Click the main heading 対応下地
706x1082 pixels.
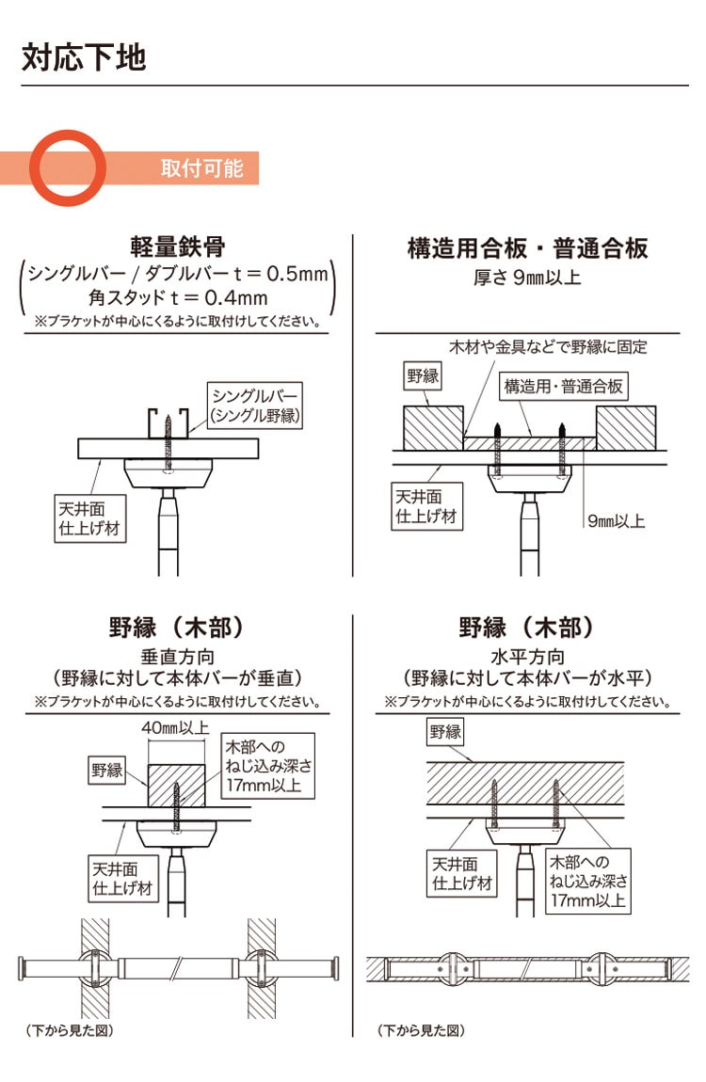84,57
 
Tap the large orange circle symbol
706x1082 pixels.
69,167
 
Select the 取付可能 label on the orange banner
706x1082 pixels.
201,168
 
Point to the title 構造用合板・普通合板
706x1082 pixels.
527,248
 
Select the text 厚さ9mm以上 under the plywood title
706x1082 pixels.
527,278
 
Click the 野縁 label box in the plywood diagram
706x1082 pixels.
423,376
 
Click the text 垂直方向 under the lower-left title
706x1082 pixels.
178,657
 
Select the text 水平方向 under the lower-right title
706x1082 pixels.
527,657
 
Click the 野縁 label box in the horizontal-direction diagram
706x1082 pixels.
446,730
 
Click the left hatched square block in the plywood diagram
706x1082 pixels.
433,427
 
